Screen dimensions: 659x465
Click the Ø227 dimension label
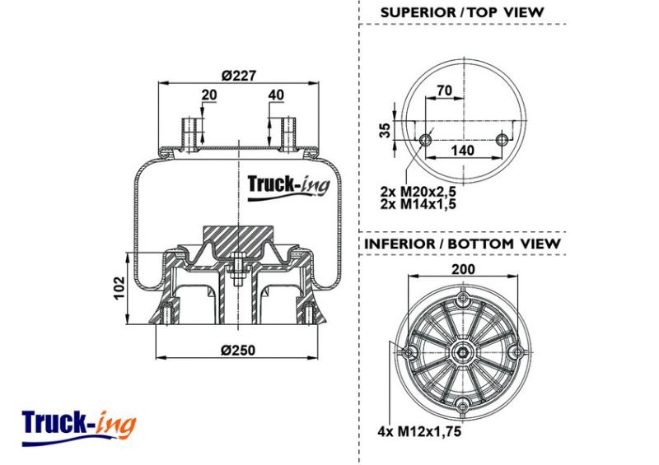coord(239,76)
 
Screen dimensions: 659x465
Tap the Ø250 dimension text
coord(238,350)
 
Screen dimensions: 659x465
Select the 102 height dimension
coord(119,288)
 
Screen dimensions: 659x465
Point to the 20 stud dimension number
coord(209,95)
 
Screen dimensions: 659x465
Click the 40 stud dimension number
coord(276,95)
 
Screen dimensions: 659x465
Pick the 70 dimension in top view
coord(444,91)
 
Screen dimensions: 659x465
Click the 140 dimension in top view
coord(462,150)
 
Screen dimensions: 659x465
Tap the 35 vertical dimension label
coord(385,130)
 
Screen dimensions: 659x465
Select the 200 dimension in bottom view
coord(463,269)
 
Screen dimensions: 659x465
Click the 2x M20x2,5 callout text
coord(418,192)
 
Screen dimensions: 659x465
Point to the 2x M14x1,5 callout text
coord(418,204)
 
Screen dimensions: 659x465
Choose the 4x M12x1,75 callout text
coord(419,431)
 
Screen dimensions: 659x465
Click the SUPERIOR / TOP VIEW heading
coord(462,12)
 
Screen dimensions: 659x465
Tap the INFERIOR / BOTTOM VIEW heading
coord(462,244)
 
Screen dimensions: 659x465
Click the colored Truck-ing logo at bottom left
coord(79,428)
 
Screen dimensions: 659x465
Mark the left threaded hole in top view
coord(425,140)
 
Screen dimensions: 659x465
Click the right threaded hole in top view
coord(501,140)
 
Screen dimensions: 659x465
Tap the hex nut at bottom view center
coord(463,352)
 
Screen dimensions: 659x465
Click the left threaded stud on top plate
coord(190,134)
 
